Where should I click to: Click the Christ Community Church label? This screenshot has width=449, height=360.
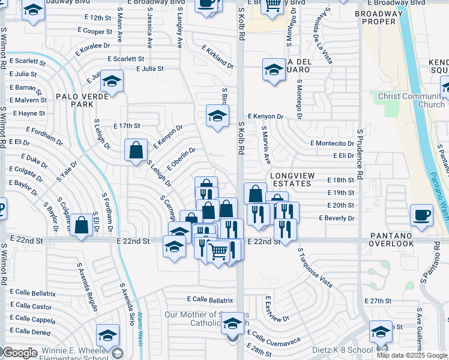[x=412, y=100]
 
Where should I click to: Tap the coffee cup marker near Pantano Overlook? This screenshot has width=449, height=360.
[x=422, y=215]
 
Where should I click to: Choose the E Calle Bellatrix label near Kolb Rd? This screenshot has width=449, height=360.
[x=210, y=299]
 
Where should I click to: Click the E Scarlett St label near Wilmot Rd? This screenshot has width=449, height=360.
[x=28, y=61]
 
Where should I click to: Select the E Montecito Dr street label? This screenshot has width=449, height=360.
[x=332, y=143]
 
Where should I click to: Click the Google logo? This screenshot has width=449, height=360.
[x=20, y=353]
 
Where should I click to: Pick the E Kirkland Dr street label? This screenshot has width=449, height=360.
[x=218, y=57]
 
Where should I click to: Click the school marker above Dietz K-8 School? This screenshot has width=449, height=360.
[x=381, y=331]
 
